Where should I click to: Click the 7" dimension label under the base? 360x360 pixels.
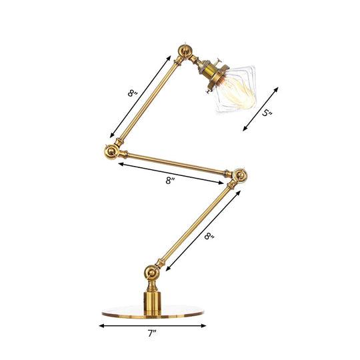click(152, 333)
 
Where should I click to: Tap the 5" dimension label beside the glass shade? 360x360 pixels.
click(267, 113)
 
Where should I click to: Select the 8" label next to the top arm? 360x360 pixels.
click(133, 93)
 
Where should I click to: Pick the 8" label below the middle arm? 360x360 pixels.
click(170, 181)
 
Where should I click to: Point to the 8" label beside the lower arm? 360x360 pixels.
click(209, 236)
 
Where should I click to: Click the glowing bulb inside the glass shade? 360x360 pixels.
click(239, 93)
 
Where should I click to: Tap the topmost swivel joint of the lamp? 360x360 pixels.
click(185, 51)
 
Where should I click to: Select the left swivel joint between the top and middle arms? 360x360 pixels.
click(112, 152)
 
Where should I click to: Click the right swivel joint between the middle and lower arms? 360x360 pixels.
click(240, 175)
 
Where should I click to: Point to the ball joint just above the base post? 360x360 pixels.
click(152, 273)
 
